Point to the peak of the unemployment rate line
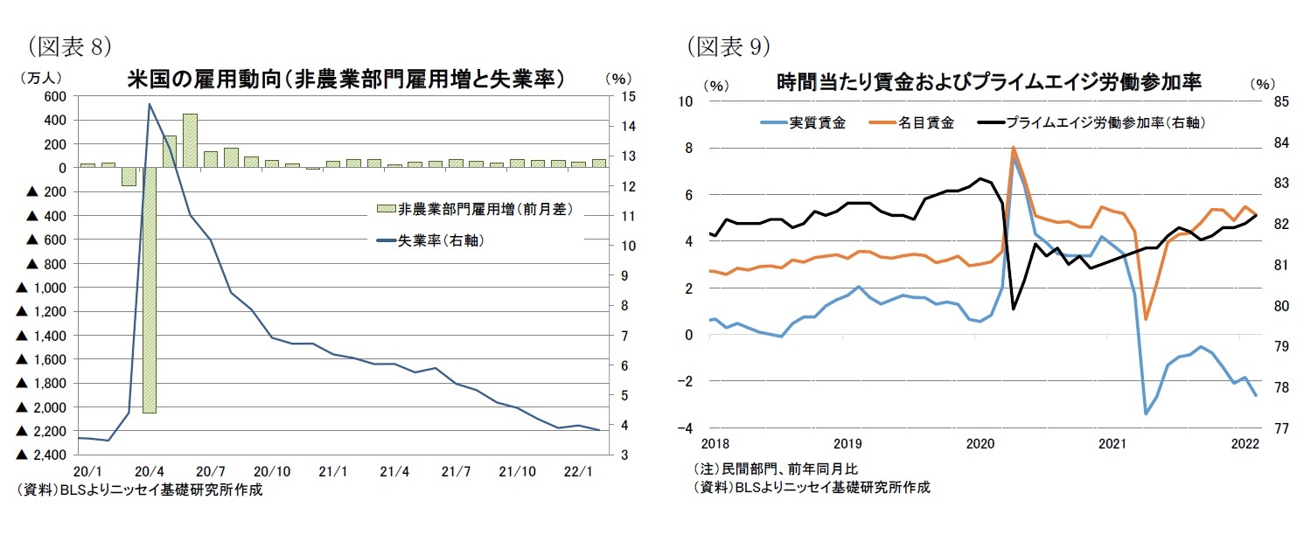[x=149, y=104]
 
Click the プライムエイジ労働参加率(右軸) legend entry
[x=1098, y=123]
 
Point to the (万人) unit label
[x=40, y=77]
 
